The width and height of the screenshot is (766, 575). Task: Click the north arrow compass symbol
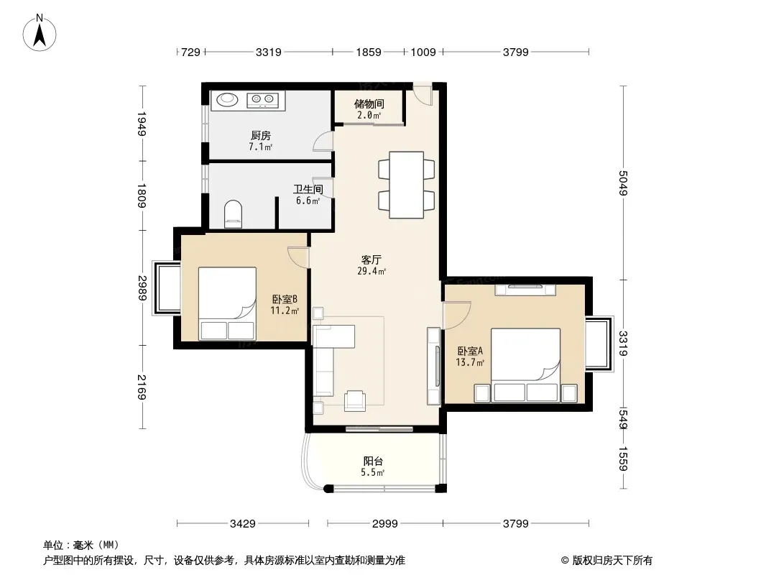point(40,33)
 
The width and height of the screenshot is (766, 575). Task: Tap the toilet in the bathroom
point(233,213)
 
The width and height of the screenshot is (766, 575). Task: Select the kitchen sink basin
point(227,99)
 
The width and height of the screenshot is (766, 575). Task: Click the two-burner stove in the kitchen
point(263,100)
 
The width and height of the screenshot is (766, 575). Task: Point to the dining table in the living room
point(406,185)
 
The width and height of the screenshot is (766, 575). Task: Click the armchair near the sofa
point(355,400)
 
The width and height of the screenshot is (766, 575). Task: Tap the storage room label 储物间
point(369,103)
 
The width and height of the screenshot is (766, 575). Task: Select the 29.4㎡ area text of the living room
point(372,271)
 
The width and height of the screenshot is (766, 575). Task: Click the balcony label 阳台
point(373,461)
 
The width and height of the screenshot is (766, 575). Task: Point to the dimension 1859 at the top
point(369,52)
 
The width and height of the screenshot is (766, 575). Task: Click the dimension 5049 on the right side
point(623,183)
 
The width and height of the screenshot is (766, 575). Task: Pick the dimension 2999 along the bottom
point(385,524)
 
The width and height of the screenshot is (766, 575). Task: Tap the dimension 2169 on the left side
point(142,387)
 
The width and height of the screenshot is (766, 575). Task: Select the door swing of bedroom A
point(457,316)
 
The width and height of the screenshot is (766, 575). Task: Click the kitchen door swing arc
point(323,142)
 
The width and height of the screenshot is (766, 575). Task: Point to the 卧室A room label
point(470,351)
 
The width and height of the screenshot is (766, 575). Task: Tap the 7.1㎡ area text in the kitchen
point(260,147)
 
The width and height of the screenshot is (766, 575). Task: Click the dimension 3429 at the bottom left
point(243,524)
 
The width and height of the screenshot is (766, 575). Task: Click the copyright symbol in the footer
point(565,561)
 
